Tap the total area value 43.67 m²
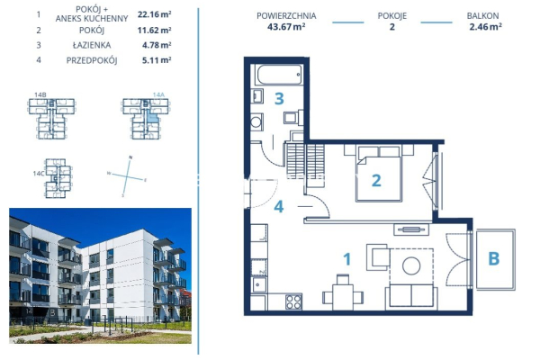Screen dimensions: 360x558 coord(287,27)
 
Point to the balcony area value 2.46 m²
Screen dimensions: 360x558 coord(484,27)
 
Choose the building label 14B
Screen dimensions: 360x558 coord(40,93)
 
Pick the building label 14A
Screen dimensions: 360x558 coord(157,93)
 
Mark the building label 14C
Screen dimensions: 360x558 coord(39,172)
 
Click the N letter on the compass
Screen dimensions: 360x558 coord(130,158)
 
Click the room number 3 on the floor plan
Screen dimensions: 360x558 coord(279,98)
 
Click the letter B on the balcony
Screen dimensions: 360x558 coord(492,259)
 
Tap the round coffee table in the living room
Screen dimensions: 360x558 coord(412,265)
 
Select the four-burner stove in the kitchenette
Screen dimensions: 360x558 coord(293,301)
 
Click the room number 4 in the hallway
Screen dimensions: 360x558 coord(279,207)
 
